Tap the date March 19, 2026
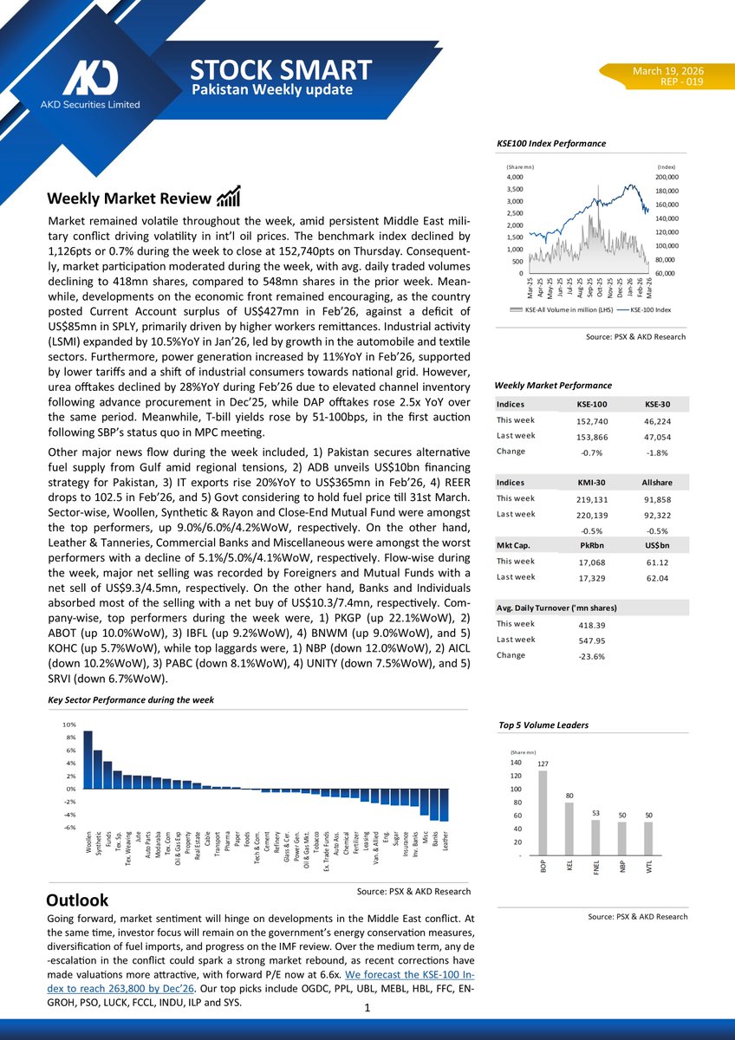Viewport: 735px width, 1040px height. (667, 70)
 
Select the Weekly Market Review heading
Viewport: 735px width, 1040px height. (128, 198)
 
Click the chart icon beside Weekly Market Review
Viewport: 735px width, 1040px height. (229, 197)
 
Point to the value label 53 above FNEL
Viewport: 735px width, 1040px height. (595, 813)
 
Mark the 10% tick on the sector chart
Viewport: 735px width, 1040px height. (68, 724)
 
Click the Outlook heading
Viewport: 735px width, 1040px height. (77, 900)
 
